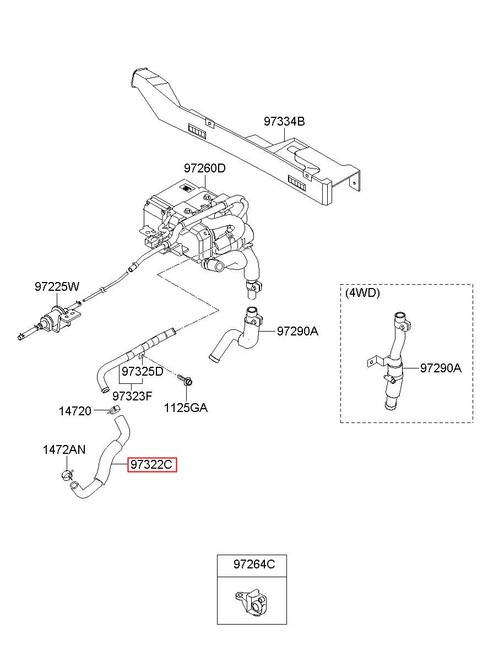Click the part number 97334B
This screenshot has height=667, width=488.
pos(284,122)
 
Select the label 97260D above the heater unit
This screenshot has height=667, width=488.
pos(204,169)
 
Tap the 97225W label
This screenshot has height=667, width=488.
pos(57,287)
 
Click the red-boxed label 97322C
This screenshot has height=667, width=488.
pos(152,464)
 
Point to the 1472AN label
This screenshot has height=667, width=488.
pos(64,449)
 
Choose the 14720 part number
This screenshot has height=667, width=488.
pos(75,411)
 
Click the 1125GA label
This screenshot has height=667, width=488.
pos(186,408)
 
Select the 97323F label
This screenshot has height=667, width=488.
pos(132,396)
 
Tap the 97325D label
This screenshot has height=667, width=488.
pos(143,371)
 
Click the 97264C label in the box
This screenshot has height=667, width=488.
pos(254,564)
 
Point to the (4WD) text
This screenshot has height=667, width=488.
pos(362,293)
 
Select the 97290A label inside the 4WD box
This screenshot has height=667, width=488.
pos(441,368)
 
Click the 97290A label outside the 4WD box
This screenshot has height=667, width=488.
pos(297,331)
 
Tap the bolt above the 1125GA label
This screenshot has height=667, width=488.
pos(185,379)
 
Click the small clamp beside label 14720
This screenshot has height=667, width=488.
pos(114,409)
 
